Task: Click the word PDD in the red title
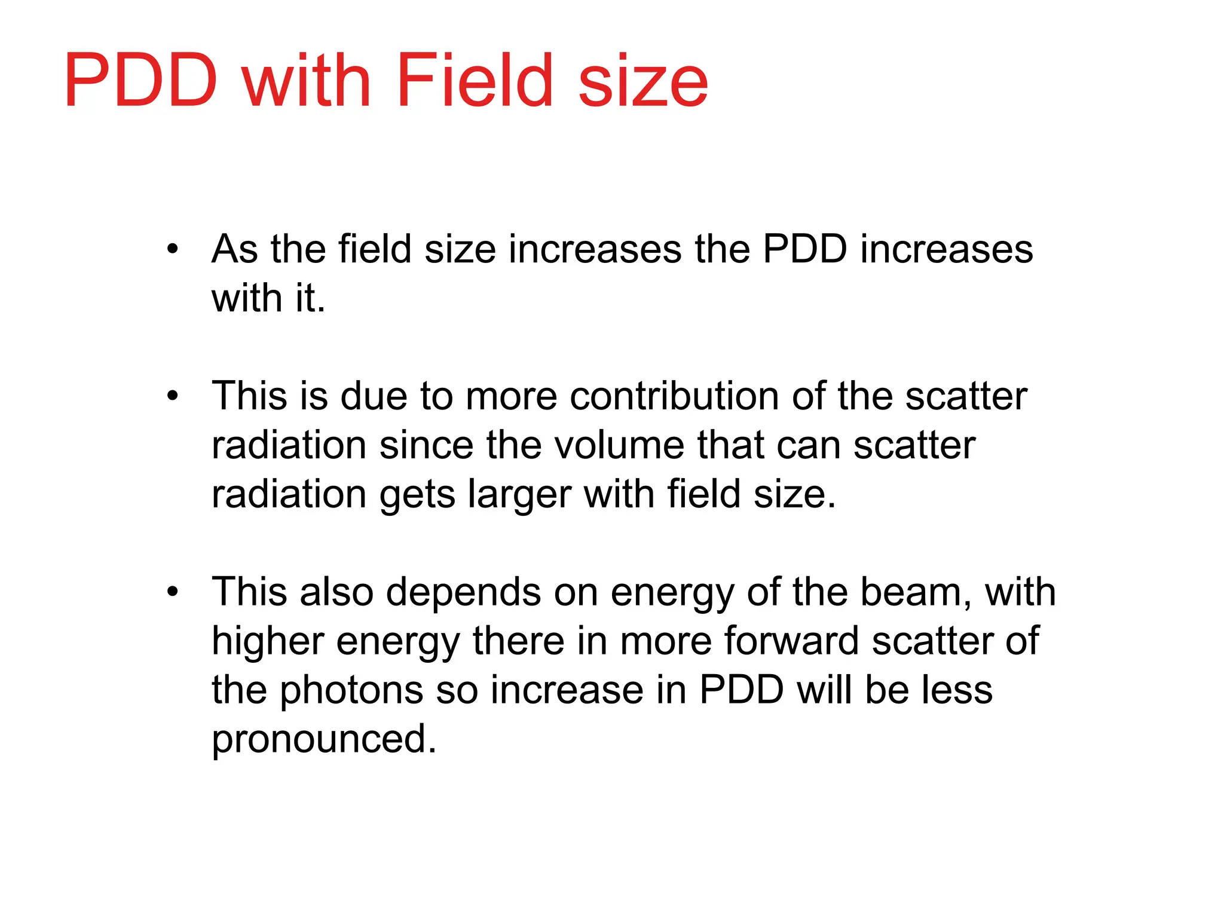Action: point(141,81)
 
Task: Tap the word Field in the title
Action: point(473,81)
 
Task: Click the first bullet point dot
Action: point(173,249)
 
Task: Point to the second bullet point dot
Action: point(173,396)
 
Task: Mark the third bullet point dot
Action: point(173,592)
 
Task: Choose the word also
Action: point(337,593)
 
